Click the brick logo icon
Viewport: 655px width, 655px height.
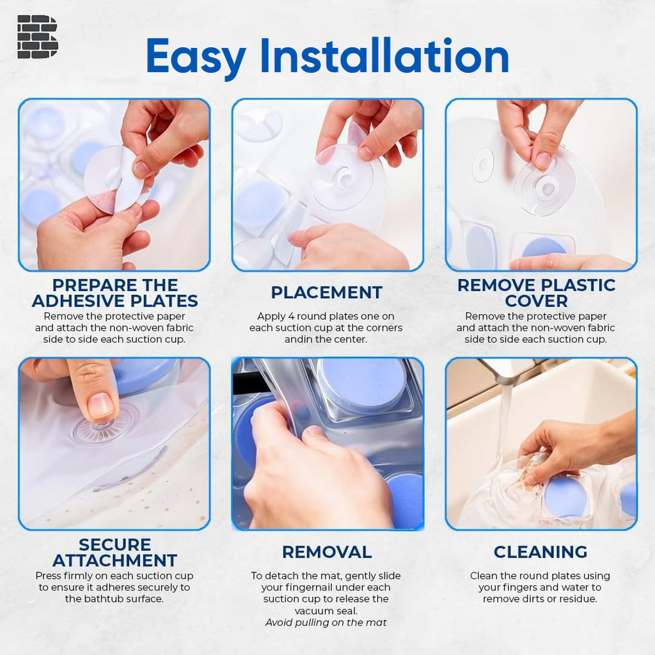click(37, 36)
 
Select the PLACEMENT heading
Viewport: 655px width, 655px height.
click(326, 293)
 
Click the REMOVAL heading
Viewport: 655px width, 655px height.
click(326, 552)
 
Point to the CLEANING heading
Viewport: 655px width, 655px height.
click(540, 552)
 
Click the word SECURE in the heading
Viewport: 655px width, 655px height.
click(114, 545)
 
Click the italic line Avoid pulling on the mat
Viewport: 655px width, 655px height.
click(326, 622)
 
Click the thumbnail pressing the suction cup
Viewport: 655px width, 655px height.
click(100, 405)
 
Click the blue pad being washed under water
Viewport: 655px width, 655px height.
click(565, 496)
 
